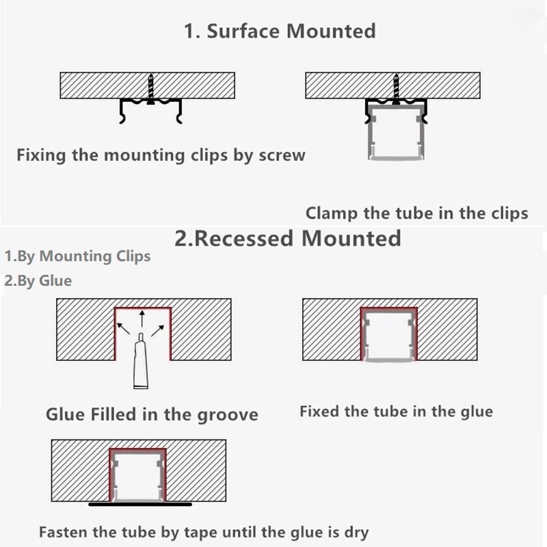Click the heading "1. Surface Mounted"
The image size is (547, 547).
pyautogui.click(x=280, y=31)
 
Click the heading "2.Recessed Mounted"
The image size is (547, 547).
pyautogui.click(x=288, y=238)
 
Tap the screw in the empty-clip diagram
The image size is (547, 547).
pyautogui.click(x=150, y=89)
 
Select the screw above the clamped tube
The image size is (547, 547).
pyautogui.click(x=396, y=89)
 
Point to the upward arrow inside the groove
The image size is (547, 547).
pyautogui.click(x=142, y=319)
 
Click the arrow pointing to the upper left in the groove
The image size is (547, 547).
pyautogui.click(x=124, y=329)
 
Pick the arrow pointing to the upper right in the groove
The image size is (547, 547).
pyautogui.click(x=158, y=331)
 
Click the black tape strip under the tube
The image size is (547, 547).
pyautogui.click(x=140, y=504)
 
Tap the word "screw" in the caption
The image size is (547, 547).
pyautogui.click(x=282, y=155)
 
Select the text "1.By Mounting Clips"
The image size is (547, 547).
pyautogui.click(x=77, y=256)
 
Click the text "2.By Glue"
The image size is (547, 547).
pyautogui.click(x=38, y=281)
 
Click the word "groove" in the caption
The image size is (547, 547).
pyautogui.click(x=228, y=415)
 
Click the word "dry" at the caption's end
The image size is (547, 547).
pyautogui.click(x=356, y=533)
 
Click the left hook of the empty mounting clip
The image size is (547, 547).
pyautogui.click(x=122, y=111)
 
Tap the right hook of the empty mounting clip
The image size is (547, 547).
pyautogui.click(x=179, y=111)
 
